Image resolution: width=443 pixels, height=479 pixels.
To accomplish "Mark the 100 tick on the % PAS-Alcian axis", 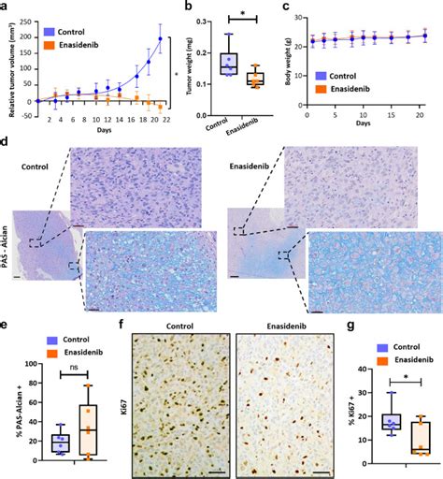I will click(x=28, y=364).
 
